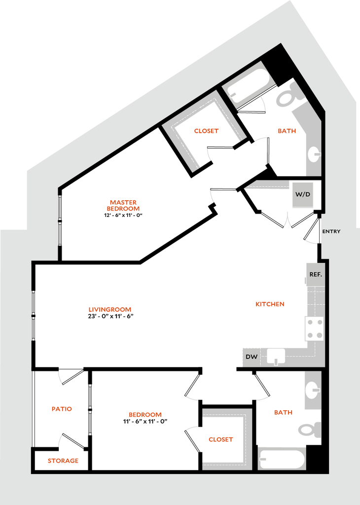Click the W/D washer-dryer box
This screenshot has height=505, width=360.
303,194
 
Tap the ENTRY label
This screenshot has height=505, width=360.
331,231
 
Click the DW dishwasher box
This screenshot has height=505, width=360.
251,356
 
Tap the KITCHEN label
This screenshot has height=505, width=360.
270,304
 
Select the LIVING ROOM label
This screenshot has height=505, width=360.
109,310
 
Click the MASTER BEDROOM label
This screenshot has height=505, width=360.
124,205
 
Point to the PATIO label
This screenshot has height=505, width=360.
62,409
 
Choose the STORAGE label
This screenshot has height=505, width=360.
64,461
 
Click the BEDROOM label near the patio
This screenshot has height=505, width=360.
144,415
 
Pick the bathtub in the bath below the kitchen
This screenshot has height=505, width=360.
282,459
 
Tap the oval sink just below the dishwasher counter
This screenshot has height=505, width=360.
312,390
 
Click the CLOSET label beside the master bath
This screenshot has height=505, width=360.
206,131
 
